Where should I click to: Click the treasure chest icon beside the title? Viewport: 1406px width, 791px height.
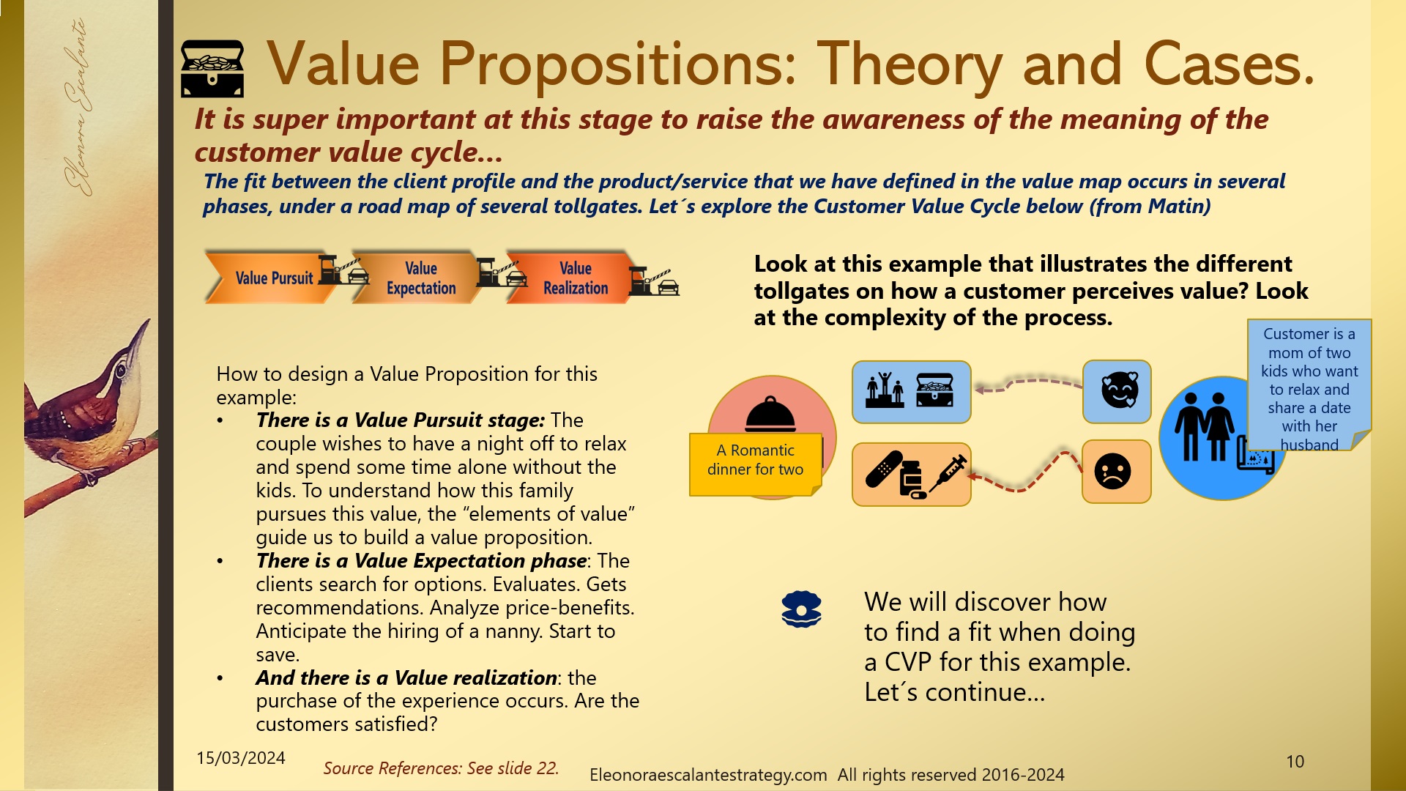(x=212, y=68)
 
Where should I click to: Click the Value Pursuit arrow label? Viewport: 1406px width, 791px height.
(x=273, y=278)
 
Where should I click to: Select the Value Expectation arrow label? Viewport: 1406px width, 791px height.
(x=421, y=278)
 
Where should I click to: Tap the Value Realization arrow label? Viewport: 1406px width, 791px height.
(x=575, y=278)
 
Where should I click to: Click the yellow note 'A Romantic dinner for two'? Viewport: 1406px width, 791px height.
(x=755, y=461)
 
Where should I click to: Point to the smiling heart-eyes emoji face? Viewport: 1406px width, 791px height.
(x=1118, y=390)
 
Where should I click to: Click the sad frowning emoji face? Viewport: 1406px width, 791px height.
(x=1113, y=472)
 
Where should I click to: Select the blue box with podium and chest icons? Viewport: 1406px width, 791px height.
(x=911, y=392)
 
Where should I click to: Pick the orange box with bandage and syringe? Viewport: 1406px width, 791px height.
(x=911, y=474)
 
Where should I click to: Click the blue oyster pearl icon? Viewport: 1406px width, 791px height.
(x=801, y=609)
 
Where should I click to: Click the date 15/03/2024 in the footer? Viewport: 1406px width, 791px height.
(x=240, y=758)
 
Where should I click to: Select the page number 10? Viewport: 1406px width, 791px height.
(x=1295, y=762)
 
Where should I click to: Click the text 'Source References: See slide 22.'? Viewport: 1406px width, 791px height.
(x=441, y=768)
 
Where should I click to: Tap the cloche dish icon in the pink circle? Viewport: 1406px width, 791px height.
(x=770, y=415)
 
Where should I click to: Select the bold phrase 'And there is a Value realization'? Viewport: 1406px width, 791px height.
(x=406, y=677)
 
